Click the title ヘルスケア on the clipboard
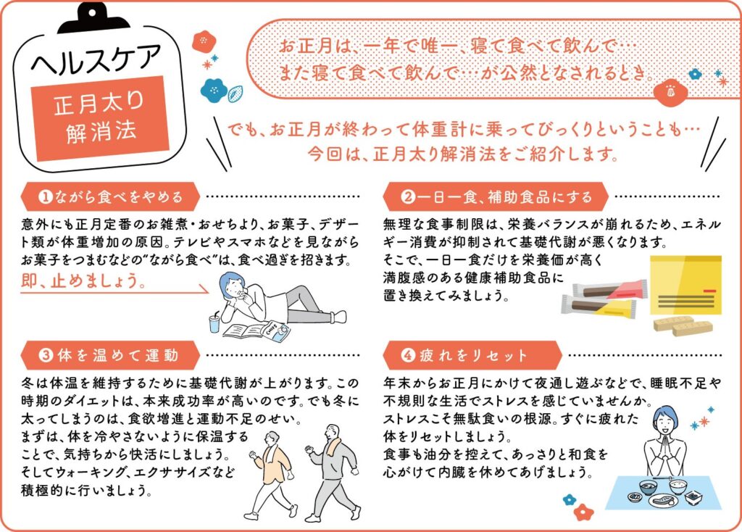click(98, 59)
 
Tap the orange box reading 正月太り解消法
click(99, 118)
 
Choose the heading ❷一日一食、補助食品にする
click(495, 196)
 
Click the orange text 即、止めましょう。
click(83, 280)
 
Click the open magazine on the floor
click(257, 331)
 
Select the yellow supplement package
click(685, 286)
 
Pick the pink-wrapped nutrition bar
click(610, 289)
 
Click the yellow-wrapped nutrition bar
click(599, 307)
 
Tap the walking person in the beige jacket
click(272, 473)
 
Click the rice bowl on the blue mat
click(678, 487)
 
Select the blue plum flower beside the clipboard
click(214, 90)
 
